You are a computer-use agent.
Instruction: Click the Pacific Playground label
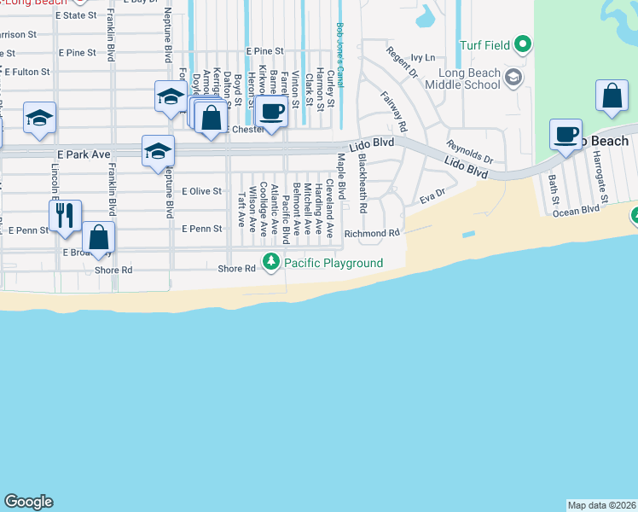tap(333, 263)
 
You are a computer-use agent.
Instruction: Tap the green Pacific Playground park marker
tap(271, 262)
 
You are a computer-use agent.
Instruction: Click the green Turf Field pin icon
tap(525, 44)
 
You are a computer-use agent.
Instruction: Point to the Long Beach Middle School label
tap(461, 79)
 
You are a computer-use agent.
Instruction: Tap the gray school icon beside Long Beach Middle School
tap(513, 79)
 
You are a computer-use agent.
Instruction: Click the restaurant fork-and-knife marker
tap(65, 217)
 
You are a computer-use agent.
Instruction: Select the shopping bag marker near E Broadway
tap(99, 239)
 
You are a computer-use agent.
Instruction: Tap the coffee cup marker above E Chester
tap(272, 112)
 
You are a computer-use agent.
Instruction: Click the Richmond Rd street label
tap(372, 233)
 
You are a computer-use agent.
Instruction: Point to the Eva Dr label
tap(433, 197)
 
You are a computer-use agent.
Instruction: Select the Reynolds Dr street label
tap(471, 152)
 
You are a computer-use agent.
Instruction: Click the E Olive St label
tap(201, 191)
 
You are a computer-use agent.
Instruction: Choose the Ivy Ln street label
tap(422, 58)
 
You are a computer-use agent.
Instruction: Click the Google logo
tap(28, 502)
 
